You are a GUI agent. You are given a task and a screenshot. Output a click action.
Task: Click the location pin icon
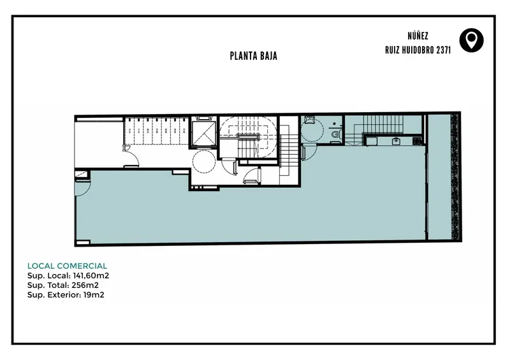pos(471,40)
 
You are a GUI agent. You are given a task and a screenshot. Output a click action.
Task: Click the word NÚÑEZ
pos(418,36)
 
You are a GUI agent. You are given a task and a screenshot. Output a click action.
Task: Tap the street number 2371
pos(444,50)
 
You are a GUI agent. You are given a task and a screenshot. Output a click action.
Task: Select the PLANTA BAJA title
pos(253,56)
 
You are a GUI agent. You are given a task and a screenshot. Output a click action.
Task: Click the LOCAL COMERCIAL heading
pos(67,266)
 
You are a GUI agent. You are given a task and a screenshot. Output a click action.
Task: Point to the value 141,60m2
pos(91,276)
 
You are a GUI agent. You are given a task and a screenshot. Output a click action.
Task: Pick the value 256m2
pos(85,285)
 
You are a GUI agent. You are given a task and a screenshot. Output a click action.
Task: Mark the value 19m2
pos(94,295)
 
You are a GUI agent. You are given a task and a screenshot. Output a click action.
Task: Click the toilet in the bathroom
pos(335,134)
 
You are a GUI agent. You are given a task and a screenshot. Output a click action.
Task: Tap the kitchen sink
pos(396,141)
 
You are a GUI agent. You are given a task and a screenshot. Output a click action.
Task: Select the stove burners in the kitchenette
pos(417,141)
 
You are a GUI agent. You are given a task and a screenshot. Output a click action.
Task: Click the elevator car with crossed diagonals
pos(204,133)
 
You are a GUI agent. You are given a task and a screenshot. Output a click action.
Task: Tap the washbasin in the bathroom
pos(309,120)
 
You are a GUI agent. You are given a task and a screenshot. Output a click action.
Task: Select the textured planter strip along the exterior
pos(455,177)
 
